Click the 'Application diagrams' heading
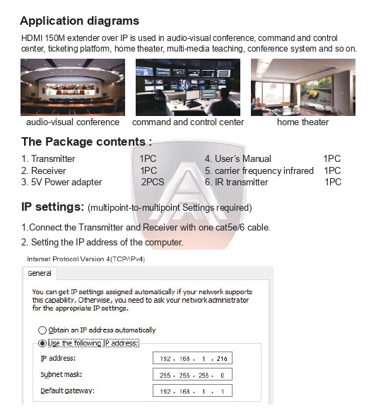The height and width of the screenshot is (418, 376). point(79,21)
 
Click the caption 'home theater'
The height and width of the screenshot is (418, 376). point(302,122)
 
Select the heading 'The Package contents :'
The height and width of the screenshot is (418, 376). point(86,142)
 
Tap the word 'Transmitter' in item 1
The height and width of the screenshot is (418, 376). point(53,159)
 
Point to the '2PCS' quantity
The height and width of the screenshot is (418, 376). point(153,182)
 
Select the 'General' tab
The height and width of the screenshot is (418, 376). point(40,273)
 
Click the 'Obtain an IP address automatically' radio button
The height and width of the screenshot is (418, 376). point(42,330)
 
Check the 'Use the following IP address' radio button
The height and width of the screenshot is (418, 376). point(42,343)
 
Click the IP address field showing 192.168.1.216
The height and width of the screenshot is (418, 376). point(192,359)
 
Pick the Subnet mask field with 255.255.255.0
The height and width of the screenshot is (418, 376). point(192,375)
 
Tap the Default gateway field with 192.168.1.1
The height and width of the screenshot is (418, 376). point(192,391)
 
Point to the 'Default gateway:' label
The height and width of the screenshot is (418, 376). point(68,391)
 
